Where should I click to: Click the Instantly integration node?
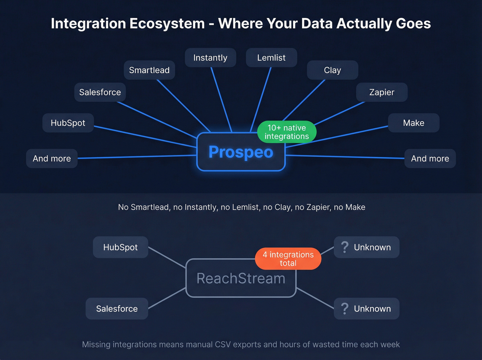(210, 58)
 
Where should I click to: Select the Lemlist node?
(271, 58)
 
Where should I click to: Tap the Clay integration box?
(332, 70)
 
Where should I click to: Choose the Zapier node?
(381, 92)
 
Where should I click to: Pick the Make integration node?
(413, 123)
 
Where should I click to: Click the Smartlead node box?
(149, 70)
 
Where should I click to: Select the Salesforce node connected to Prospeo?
(100, 92)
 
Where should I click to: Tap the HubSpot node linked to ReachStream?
(120, 247)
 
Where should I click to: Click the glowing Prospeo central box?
(241, 152)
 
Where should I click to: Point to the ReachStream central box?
(241, 278)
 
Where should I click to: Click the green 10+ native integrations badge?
(287, 132)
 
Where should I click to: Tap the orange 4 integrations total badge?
(288, 259)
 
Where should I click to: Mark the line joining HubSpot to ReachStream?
(167, 257)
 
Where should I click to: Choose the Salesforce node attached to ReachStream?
(117, 309)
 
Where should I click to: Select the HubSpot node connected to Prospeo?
(68, 123)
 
